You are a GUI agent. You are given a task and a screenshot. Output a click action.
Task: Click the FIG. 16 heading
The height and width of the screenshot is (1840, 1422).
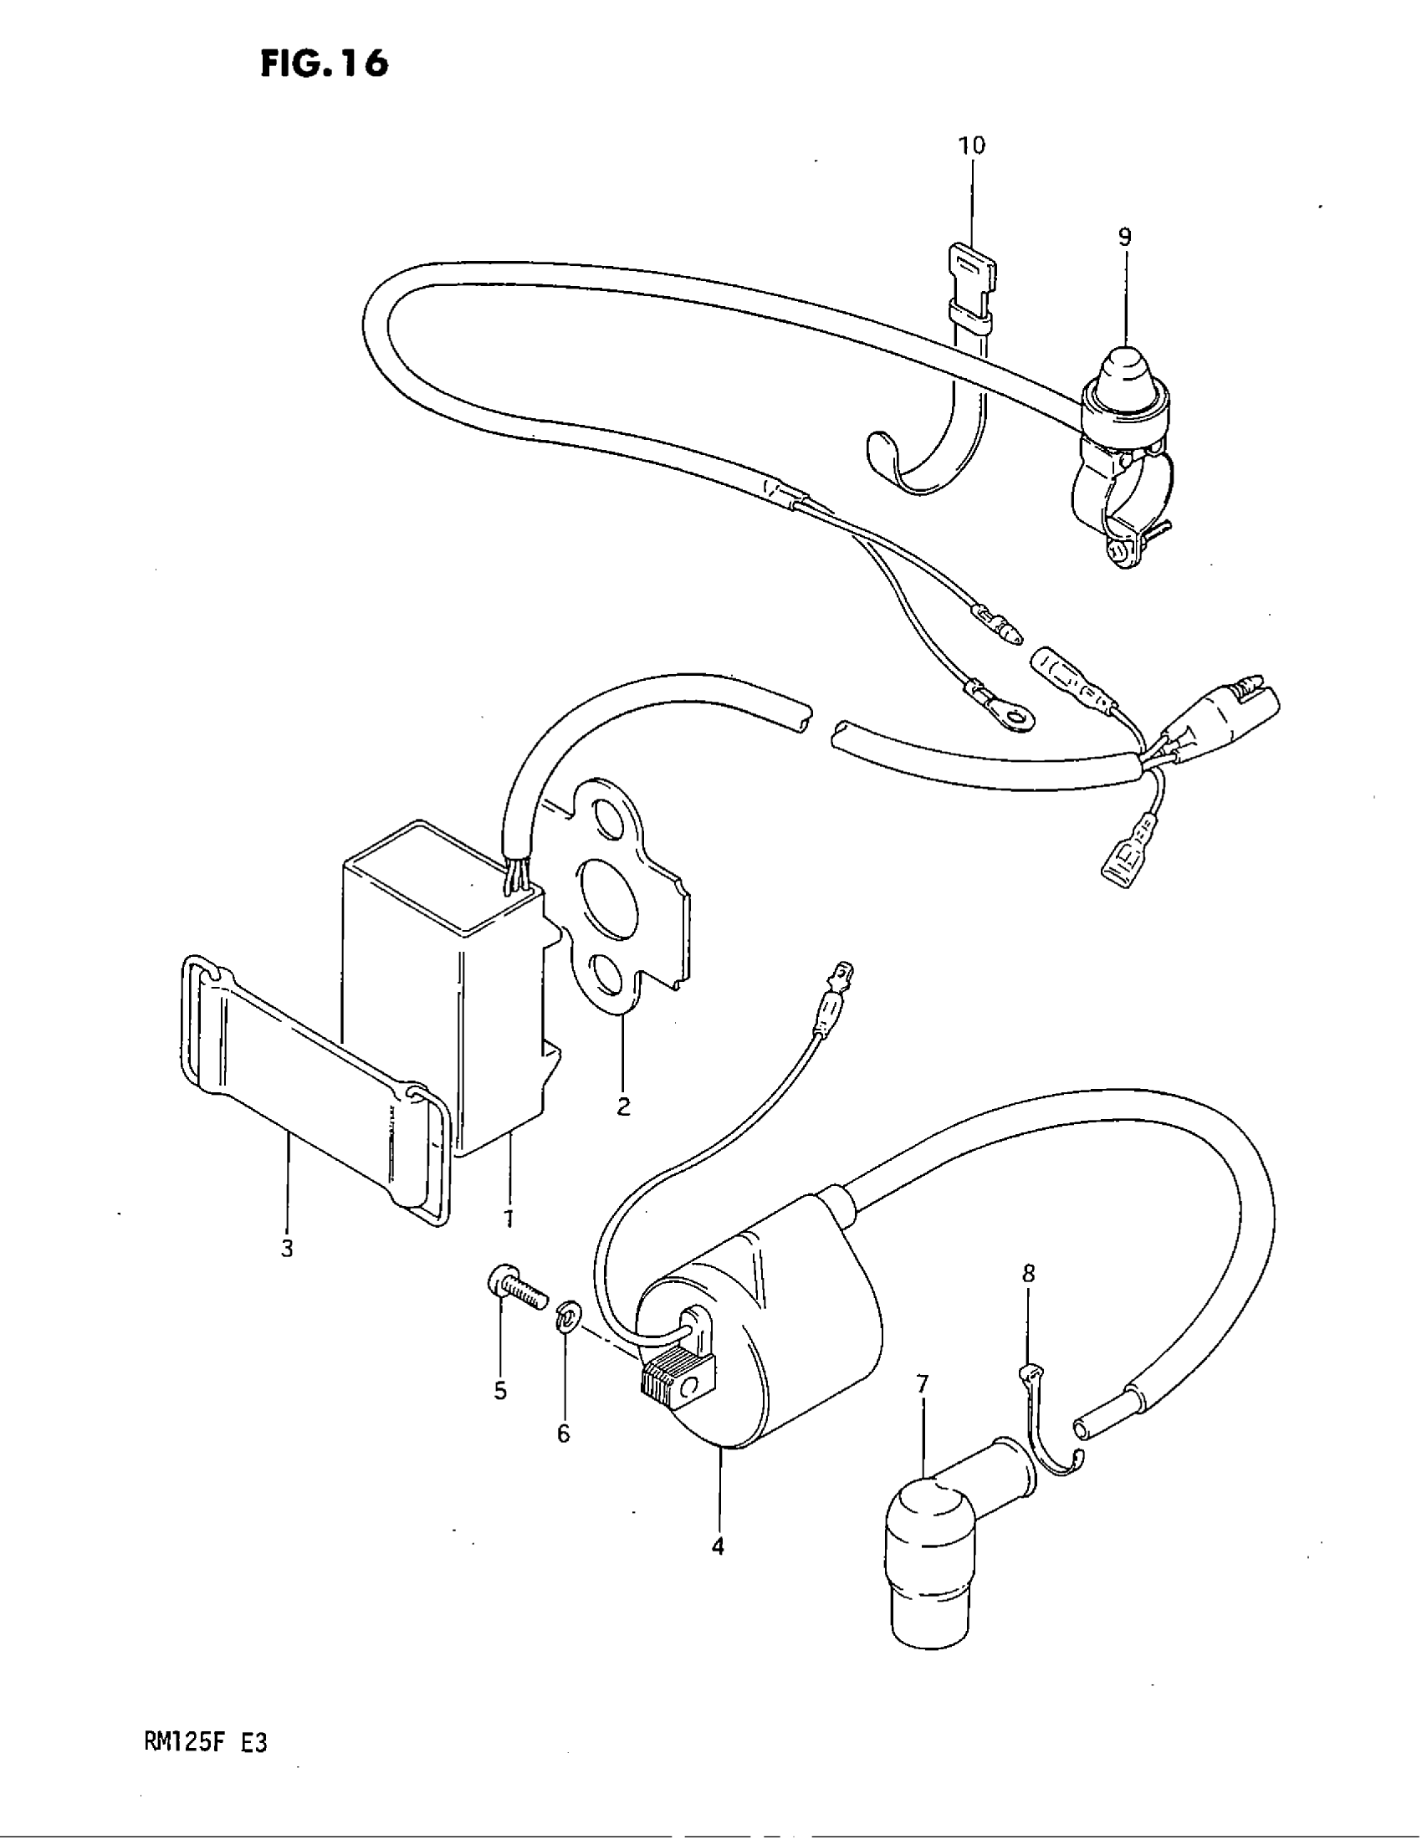[x=325, y=64]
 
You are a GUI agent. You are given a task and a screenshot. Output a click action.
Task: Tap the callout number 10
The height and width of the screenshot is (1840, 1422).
[x=971, y=146]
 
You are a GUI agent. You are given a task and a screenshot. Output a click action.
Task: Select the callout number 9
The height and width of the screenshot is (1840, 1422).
[x=1124, y=238]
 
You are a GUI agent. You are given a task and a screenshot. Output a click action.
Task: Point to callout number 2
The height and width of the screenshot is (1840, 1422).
[x=623, y=1107]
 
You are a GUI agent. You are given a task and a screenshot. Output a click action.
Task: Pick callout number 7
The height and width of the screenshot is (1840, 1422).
[x=923, y=1384]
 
